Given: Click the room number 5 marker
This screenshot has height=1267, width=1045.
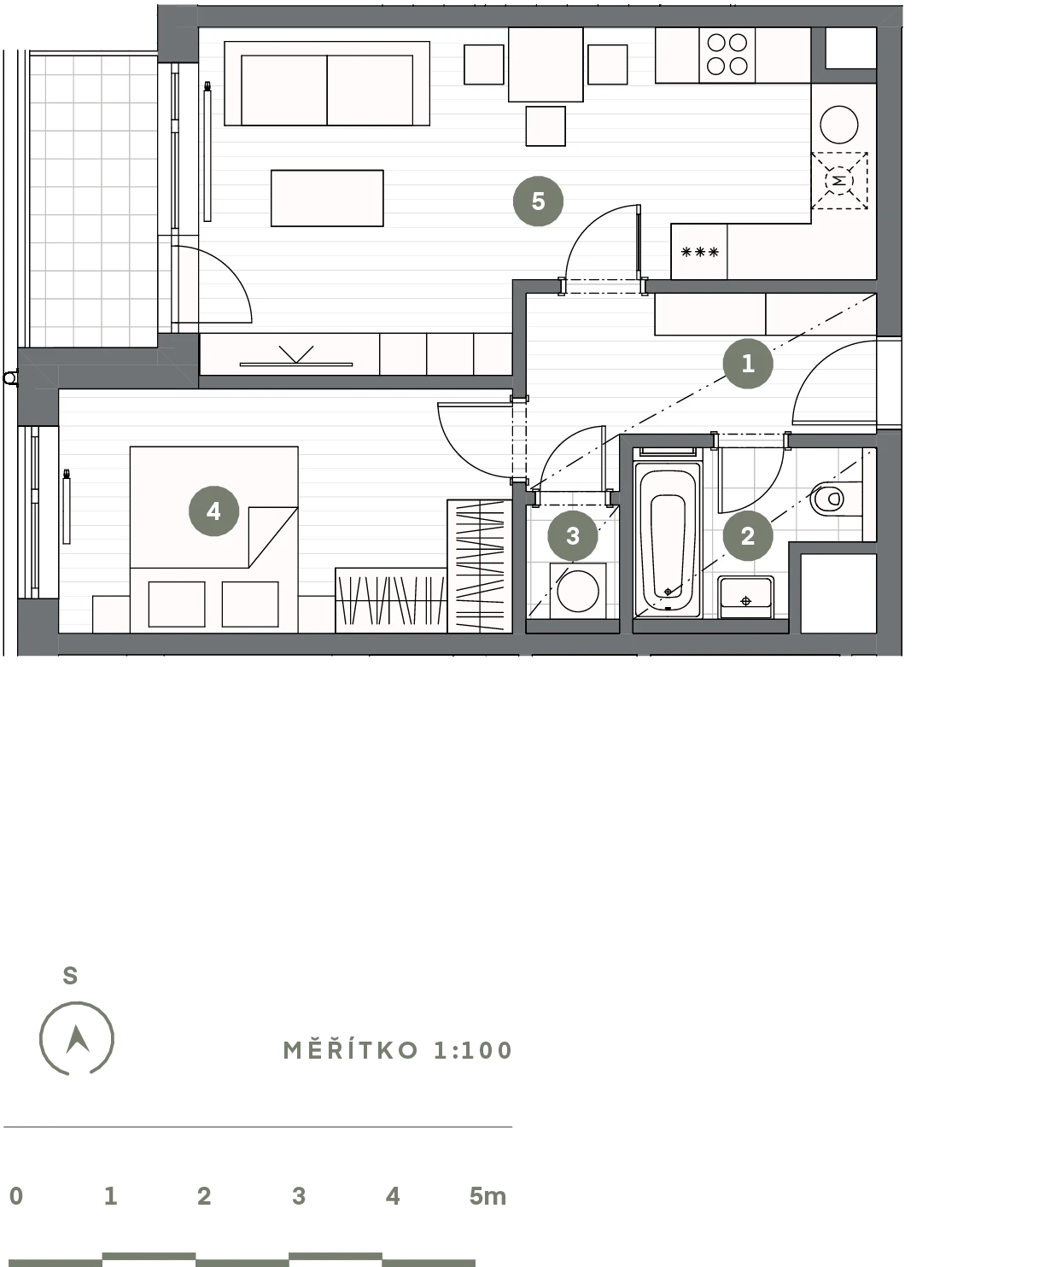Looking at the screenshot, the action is click(538, 201).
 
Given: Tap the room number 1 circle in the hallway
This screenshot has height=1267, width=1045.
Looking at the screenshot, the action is click(748, 364).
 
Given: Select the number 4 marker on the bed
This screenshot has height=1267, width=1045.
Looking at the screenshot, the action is click(213, 511).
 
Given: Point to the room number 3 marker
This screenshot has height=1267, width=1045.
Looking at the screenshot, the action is click(572, 536).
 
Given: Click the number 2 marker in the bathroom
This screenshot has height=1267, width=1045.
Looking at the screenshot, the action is click(748, 536).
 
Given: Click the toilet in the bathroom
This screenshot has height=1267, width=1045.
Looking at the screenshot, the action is click(836, 499).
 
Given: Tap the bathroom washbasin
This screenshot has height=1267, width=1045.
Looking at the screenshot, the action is click(746, 597).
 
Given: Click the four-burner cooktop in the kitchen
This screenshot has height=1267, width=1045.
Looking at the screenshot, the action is click(727, 55).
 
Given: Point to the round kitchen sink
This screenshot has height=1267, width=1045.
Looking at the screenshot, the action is click(838, 125).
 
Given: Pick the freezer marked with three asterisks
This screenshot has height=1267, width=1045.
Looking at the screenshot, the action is click(699, 252).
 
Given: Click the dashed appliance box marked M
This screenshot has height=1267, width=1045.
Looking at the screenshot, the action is click(839, 180).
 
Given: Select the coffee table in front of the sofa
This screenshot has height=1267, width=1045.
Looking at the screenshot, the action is click(327, 198).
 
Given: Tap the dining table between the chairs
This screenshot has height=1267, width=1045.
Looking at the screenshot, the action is click(546, 64).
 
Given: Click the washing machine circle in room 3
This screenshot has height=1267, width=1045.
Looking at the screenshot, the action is click(578, 591).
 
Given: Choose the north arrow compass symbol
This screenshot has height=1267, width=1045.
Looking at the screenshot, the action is click(77, 1038).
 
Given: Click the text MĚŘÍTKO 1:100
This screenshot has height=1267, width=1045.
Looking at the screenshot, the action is click(398, 1050).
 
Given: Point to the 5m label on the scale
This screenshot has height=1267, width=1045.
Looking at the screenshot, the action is click(487, 1196).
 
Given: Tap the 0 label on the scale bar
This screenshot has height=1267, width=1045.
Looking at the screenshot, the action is click(16, 1196).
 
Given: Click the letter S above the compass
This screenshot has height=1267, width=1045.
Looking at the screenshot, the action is click(70, 976).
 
